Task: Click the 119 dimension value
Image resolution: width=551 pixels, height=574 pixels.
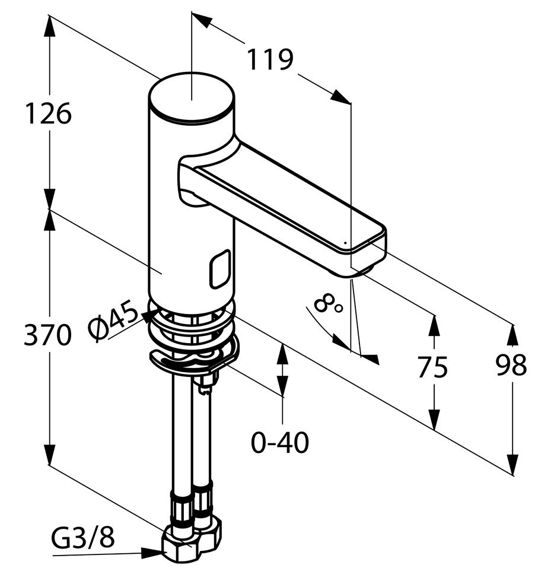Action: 270,59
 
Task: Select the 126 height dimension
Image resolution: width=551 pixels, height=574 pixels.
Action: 48,113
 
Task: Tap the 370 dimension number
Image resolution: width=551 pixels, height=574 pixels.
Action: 47,334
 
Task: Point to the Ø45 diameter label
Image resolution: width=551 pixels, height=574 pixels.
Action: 113,321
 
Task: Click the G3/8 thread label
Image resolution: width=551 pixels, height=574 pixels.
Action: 83,537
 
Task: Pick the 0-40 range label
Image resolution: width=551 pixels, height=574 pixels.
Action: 280,442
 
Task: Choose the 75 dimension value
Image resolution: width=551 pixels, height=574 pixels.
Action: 432,367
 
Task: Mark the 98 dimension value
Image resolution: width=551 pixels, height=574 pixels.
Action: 511,365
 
